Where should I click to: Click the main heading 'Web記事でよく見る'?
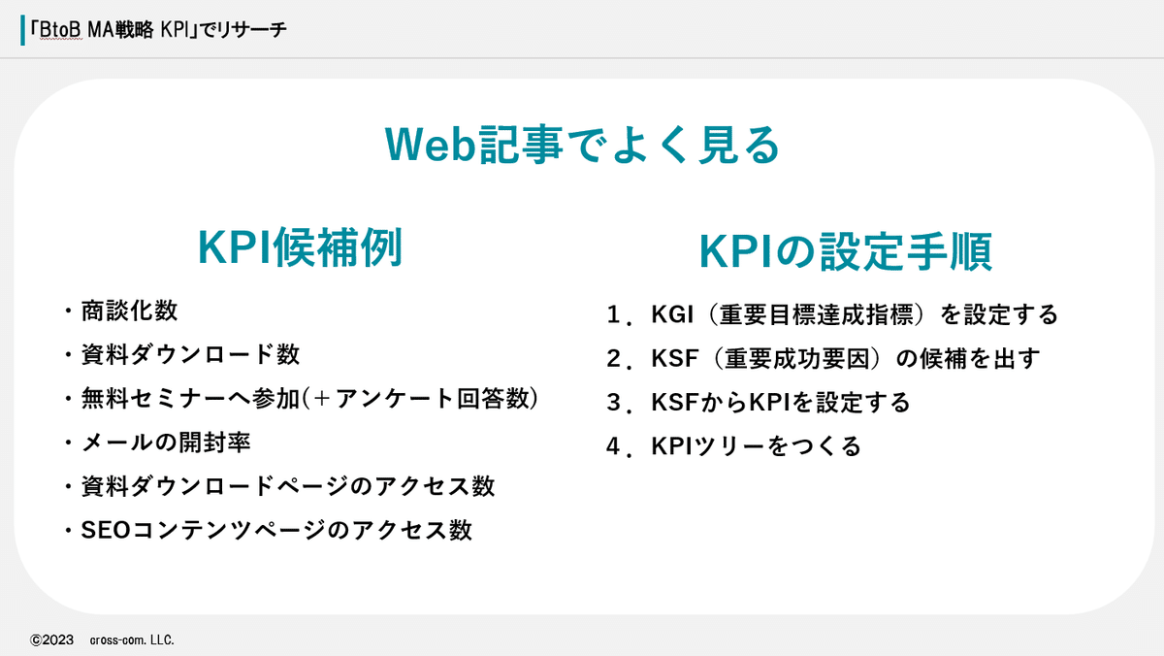[582, 146]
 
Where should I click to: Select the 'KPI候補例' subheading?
[300, 249]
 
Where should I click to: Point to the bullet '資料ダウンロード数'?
[189, 354]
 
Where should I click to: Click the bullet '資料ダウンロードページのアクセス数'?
[286, 486]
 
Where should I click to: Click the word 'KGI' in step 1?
[672, 315]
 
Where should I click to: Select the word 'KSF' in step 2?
[672, 359]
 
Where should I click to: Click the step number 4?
[614, 446]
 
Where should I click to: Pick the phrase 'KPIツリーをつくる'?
[756, 446]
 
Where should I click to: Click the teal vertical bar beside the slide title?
[23, 30]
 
